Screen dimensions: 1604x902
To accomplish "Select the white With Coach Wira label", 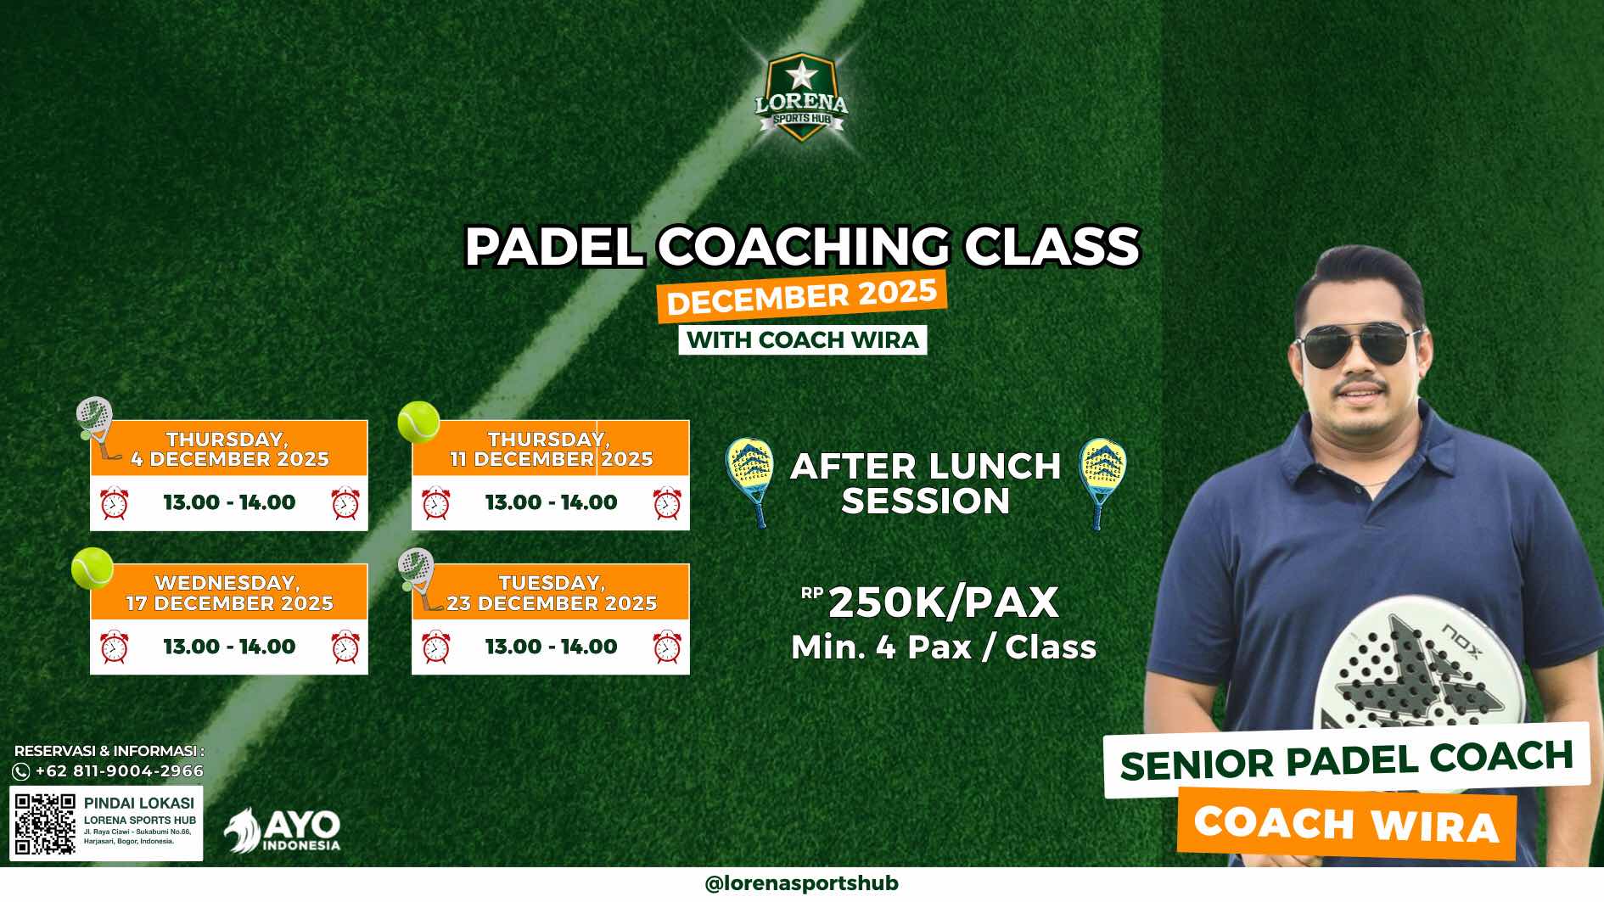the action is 802,339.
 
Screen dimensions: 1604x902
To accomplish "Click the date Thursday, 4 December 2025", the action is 229,449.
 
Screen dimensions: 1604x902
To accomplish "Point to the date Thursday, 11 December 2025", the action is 551,449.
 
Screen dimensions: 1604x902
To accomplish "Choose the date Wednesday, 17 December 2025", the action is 229,593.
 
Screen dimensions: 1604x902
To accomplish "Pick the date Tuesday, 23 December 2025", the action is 552,593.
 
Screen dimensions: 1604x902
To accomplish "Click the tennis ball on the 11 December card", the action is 418,422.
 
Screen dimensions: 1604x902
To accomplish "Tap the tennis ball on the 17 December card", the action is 92,568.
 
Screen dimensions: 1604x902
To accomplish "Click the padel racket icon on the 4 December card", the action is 96,427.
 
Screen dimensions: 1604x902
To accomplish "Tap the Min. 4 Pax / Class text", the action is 944,647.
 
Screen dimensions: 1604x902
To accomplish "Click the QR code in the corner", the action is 46,823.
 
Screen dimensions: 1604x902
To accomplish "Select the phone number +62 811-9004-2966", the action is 119,771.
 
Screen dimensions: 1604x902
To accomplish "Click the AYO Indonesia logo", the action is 283,830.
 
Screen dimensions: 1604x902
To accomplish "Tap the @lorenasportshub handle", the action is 801,883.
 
